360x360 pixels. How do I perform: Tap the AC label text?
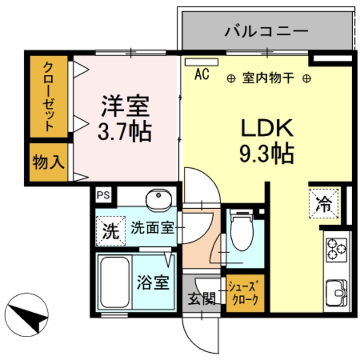point(202,74)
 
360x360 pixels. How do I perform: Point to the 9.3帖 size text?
point(267,152)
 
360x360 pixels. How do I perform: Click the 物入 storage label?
point(48,163)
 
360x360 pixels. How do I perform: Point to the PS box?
point(103,195)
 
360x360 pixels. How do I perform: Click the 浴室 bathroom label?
point(152,282)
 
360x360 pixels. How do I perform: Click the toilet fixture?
point(242,231)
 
